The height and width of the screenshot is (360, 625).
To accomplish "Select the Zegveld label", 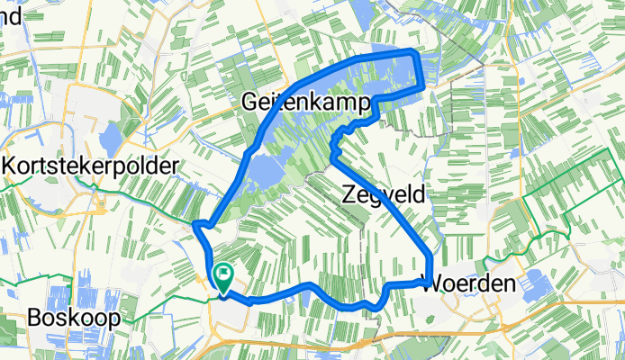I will [383, 193].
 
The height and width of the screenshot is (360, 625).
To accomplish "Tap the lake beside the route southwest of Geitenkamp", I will [262, 168].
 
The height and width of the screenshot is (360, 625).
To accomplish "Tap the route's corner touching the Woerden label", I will [430, 282].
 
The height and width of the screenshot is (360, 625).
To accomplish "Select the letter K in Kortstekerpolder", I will [10, 166].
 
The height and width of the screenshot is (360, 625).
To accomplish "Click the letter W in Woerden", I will [432, 283].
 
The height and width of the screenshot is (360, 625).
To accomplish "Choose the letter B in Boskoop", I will [34, 318].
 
